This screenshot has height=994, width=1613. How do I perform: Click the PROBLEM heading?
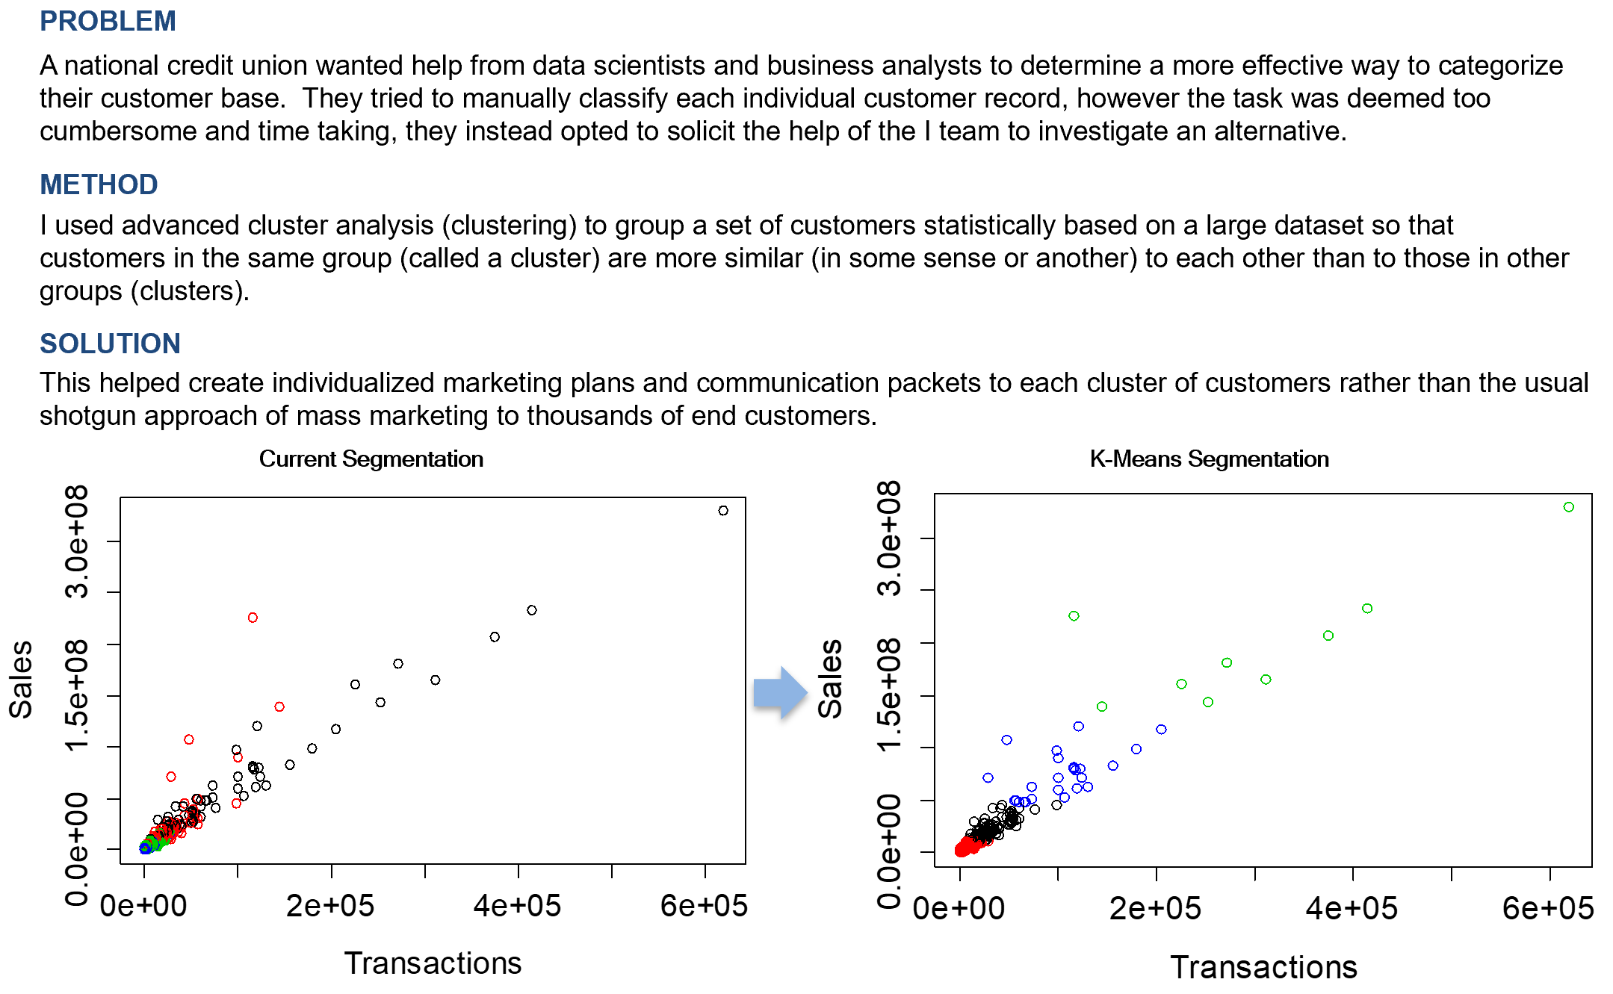pos(108,21)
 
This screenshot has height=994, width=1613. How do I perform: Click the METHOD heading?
pos(99,184)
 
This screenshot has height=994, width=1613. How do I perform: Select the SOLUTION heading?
pos(110,344)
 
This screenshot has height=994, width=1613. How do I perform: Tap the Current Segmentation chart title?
pos(371,459)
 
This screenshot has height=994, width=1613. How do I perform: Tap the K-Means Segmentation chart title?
pos(1209,459)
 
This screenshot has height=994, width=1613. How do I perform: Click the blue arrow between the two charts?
pos(779,692)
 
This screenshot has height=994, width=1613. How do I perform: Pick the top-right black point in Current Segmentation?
pos(723,511)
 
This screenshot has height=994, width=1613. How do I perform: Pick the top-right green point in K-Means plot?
pos(1569,507)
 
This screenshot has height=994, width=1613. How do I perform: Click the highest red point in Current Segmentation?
pos(253,618)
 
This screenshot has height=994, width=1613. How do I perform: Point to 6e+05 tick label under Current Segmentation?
pos(704,906)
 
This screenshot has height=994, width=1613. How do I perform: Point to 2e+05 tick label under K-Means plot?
pos(1155,909)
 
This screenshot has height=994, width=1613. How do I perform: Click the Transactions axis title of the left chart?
pos(433,963)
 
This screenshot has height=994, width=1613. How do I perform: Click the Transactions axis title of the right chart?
pos(1263,967)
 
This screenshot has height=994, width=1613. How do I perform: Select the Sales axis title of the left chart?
pos(21,679)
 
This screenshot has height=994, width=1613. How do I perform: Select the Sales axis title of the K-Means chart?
pos(830,679)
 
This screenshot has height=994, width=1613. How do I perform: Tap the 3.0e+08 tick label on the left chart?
pos(77,542)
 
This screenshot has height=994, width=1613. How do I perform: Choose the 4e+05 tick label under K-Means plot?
pos(1352,909)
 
